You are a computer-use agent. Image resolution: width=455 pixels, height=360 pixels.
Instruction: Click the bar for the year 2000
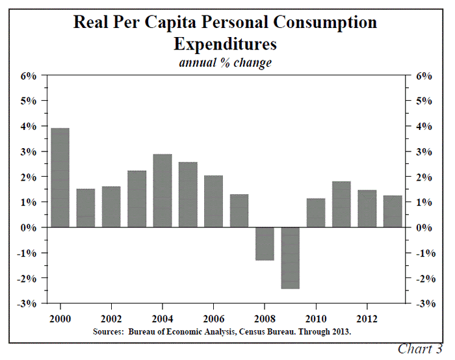[60, 177]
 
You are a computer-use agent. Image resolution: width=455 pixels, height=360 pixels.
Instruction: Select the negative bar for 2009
[291, 258]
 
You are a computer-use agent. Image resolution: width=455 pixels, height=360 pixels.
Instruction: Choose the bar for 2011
[342, 204]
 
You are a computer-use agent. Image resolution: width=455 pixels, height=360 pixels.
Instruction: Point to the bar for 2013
[393, 211]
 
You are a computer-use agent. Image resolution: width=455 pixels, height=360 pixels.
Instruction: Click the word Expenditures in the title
[225, 44]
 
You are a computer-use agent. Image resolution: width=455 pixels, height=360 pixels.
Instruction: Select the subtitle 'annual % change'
[225, 63]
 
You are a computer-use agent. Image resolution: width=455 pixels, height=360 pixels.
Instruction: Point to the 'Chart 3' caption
[420, 349]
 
